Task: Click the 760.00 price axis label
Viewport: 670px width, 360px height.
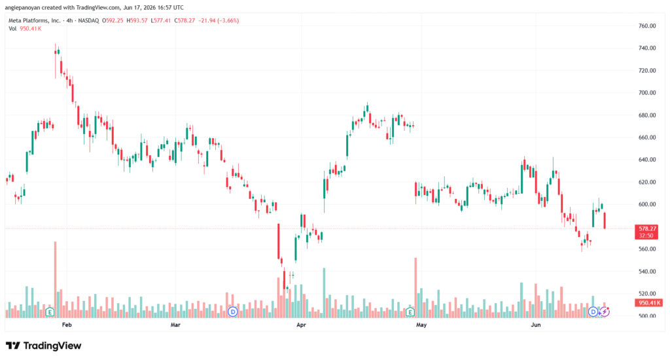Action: click(647, 26)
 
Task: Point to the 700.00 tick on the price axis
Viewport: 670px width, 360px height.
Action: click(647, 93)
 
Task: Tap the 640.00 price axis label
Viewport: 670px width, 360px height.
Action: click(647, 160)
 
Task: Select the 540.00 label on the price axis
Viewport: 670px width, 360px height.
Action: click(647, 271)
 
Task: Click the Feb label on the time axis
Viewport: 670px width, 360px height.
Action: click(67, 325)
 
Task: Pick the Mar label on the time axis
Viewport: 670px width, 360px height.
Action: click(175, 325)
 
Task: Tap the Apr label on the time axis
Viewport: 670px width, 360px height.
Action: click(301, 325)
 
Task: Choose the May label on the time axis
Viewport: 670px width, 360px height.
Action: click(421, 325)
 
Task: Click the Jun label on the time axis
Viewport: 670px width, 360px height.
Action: click(535, 325)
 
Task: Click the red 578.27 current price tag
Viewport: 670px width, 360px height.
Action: click(646, 232)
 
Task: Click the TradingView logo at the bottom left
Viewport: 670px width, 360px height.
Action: click(44, 346)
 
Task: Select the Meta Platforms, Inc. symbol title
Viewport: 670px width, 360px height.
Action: click(35, 20)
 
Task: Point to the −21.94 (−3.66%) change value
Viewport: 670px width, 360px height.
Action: click(219, 20)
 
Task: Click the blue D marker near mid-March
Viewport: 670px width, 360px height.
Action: click(233, 312)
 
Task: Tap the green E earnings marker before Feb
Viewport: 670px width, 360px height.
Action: click(50, 312)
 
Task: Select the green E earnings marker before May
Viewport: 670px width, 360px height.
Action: click(410, 312)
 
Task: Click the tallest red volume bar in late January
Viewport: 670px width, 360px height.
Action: click(55, 279)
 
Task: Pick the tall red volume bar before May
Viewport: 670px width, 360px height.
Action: click(415, 288)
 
